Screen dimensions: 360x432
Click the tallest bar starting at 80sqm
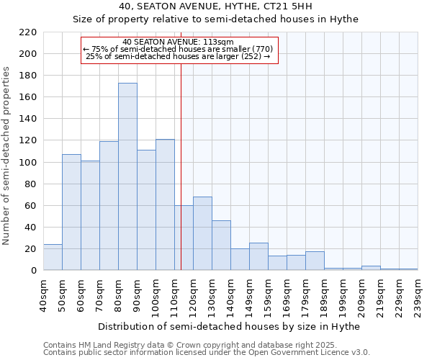tap(127, 176)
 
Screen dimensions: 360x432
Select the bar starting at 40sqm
tap(53, 257)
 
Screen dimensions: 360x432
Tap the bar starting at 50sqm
tap(71, 212)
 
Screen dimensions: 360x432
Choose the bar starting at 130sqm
tap(221, 246)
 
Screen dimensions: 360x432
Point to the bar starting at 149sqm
tap(258, 256)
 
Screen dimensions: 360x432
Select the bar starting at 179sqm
tap(315, 261)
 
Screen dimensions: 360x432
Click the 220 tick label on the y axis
tap(28, 32)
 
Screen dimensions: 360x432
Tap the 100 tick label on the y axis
tap(28, 162)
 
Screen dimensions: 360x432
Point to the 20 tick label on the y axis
tap(31, 248)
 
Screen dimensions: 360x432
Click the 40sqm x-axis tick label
tap(44, 291)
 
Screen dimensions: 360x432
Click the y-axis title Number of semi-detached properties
tap(7, 156)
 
